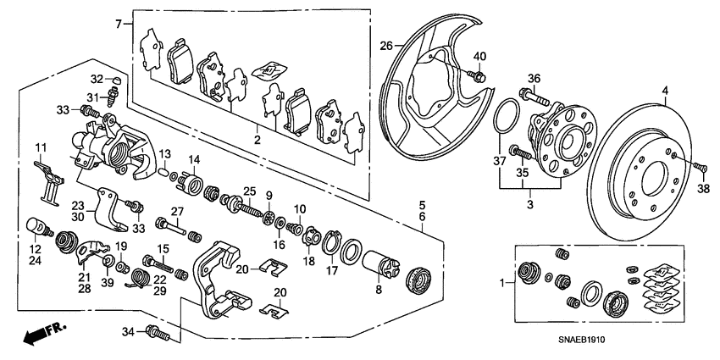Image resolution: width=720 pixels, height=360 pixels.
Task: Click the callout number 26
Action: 386,45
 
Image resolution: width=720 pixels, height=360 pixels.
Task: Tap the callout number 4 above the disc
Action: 664,90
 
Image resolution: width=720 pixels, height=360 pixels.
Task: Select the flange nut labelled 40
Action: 477,76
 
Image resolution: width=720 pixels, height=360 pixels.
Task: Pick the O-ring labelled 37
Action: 503,114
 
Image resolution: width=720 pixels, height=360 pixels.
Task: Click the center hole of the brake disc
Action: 653,180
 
